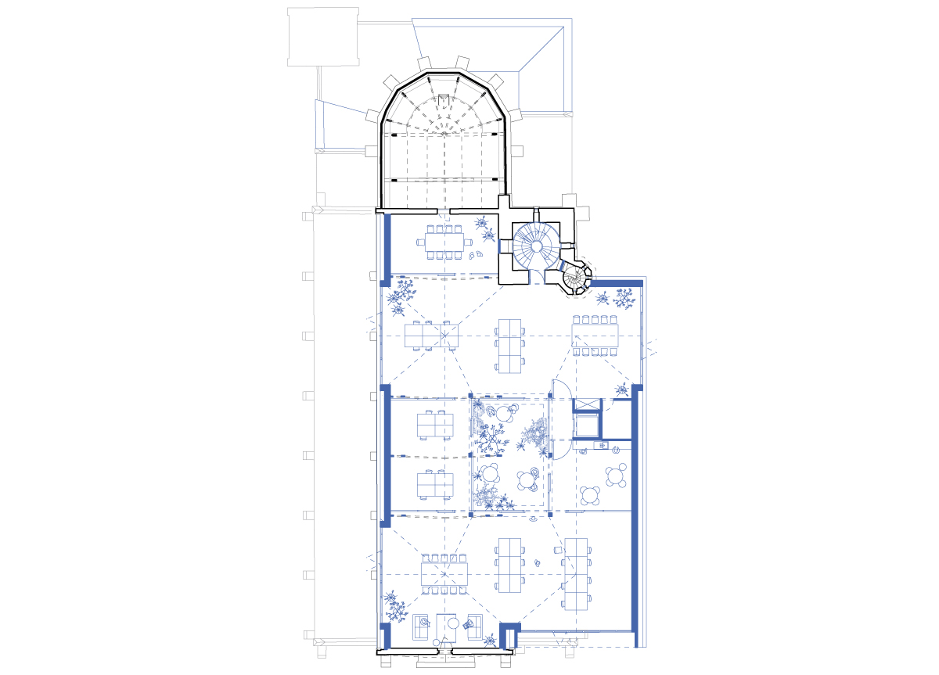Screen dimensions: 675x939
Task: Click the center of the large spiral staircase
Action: (537, 245)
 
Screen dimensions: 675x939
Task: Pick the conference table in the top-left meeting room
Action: (444, 242)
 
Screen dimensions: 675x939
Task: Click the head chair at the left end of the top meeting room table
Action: (421, 242)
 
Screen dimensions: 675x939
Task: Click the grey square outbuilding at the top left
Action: (322, 38)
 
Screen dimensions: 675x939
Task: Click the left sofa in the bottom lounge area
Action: (423, 625)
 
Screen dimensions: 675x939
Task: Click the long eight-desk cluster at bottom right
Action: (577, 574)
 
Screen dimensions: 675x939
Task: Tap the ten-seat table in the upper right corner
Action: (595, 335)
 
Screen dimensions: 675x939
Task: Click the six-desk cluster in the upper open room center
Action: (510, 344)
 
